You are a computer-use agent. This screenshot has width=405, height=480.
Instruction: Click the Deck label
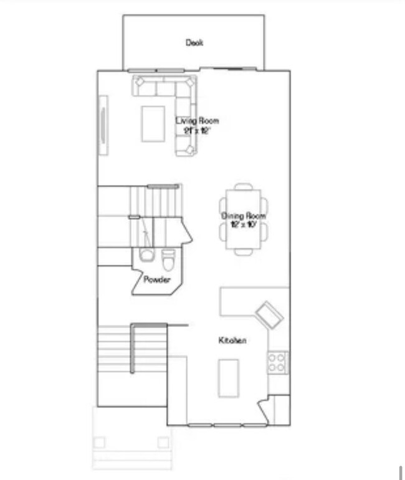pyautogui.click(x=194, y=43)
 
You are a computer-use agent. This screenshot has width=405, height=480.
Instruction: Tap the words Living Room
pyautogui.click(x=197, y=121)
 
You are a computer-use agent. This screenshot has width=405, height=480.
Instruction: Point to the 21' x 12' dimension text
pyautogui.click(x=198, y=131)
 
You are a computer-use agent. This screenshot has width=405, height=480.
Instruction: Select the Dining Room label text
pyautogui.click(x=244, y=216)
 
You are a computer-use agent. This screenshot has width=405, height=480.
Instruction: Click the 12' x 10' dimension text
pyautogui.click(x=244, y=225)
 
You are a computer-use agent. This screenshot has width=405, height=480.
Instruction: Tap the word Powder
pyautogui.click(x=157, y=280)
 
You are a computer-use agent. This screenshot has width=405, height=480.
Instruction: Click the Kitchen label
pyautogui.click(x=232, y=341)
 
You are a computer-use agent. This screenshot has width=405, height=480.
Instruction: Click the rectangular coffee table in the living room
pyautogui.click(x=153, y=123)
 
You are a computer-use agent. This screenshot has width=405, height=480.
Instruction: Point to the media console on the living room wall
pyautogui.click(x=103, y=124)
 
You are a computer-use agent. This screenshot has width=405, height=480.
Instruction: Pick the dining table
pyautogui.click(x=244, y=219)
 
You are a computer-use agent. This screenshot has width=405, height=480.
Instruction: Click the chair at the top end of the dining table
pyautogui.click(x=244, y=186)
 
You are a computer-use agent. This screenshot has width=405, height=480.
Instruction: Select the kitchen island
pyautogui.click(x=227, y=377)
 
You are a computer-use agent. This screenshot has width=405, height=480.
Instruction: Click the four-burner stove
pyautogui.click(x=277, y=362)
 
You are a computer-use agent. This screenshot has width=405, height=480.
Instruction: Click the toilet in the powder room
pyautogui.click(x=168, y=257)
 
